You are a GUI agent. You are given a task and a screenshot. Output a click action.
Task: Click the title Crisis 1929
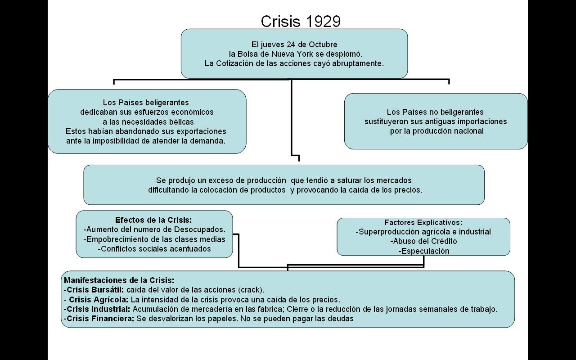click(x=301, y=21)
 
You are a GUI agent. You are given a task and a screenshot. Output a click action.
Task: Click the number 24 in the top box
click(x=291, y=45)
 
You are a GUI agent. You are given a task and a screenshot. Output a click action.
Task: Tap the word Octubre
click(x=323, y=45)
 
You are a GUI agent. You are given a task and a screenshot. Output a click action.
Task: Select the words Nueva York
click(x=292, y=54)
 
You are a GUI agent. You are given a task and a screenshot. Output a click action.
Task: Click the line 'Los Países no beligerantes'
click(x=435, y=112)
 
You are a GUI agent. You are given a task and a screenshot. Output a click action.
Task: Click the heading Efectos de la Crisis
click(x=153, y=220)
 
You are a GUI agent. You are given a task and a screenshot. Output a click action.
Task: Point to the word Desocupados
click(x=199, y=229)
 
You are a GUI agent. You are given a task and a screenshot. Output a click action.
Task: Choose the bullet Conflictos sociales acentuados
click(x=154, y=249)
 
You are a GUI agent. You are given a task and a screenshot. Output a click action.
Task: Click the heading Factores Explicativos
click(x=423, y=222)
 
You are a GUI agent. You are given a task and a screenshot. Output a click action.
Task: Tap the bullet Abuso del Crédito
click(x=423, y=241)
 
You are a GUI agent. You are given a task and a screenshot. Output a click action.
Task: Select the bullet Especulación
click(x=424, y=251)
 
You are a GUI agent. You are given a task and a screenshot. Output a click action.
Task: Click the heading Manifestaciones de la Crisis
click(x=119, y=280)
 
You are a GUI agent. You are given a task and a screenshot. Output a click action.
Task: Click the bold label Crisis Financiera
click(x=99, y=319)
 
